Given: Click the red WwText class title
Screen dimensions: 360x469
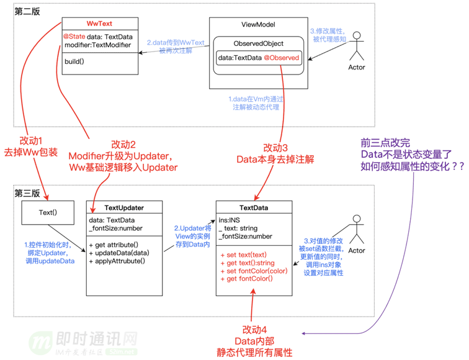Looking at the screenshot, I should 99,24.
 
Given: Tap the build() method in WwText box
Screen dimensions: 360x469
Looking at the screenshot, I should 74,62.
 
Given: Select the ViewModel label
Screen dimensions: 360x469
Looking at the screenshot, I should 257,25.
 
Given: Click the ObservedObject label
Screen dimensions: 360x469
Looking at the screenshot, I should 258,44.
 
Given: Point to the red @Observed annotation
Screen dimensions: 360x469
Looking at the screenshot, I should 282,58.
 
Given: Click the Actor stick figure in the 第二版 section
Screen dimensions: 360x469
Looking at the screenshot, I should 356,52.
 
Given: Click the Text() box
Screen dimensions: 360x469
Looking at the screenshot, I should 47,212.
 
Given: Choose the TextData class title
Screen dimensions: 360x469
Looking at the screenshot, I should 252,207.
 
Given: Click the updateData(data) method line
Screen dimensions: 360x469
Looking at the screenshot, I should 119,253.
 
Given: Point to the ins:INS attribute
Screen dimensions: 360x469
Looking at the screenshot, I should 230,219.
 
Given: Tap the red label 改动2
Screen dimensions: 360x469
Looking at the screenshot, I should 124,144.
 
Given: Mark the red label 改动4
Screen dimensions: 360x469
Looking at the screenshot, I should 254,329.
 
